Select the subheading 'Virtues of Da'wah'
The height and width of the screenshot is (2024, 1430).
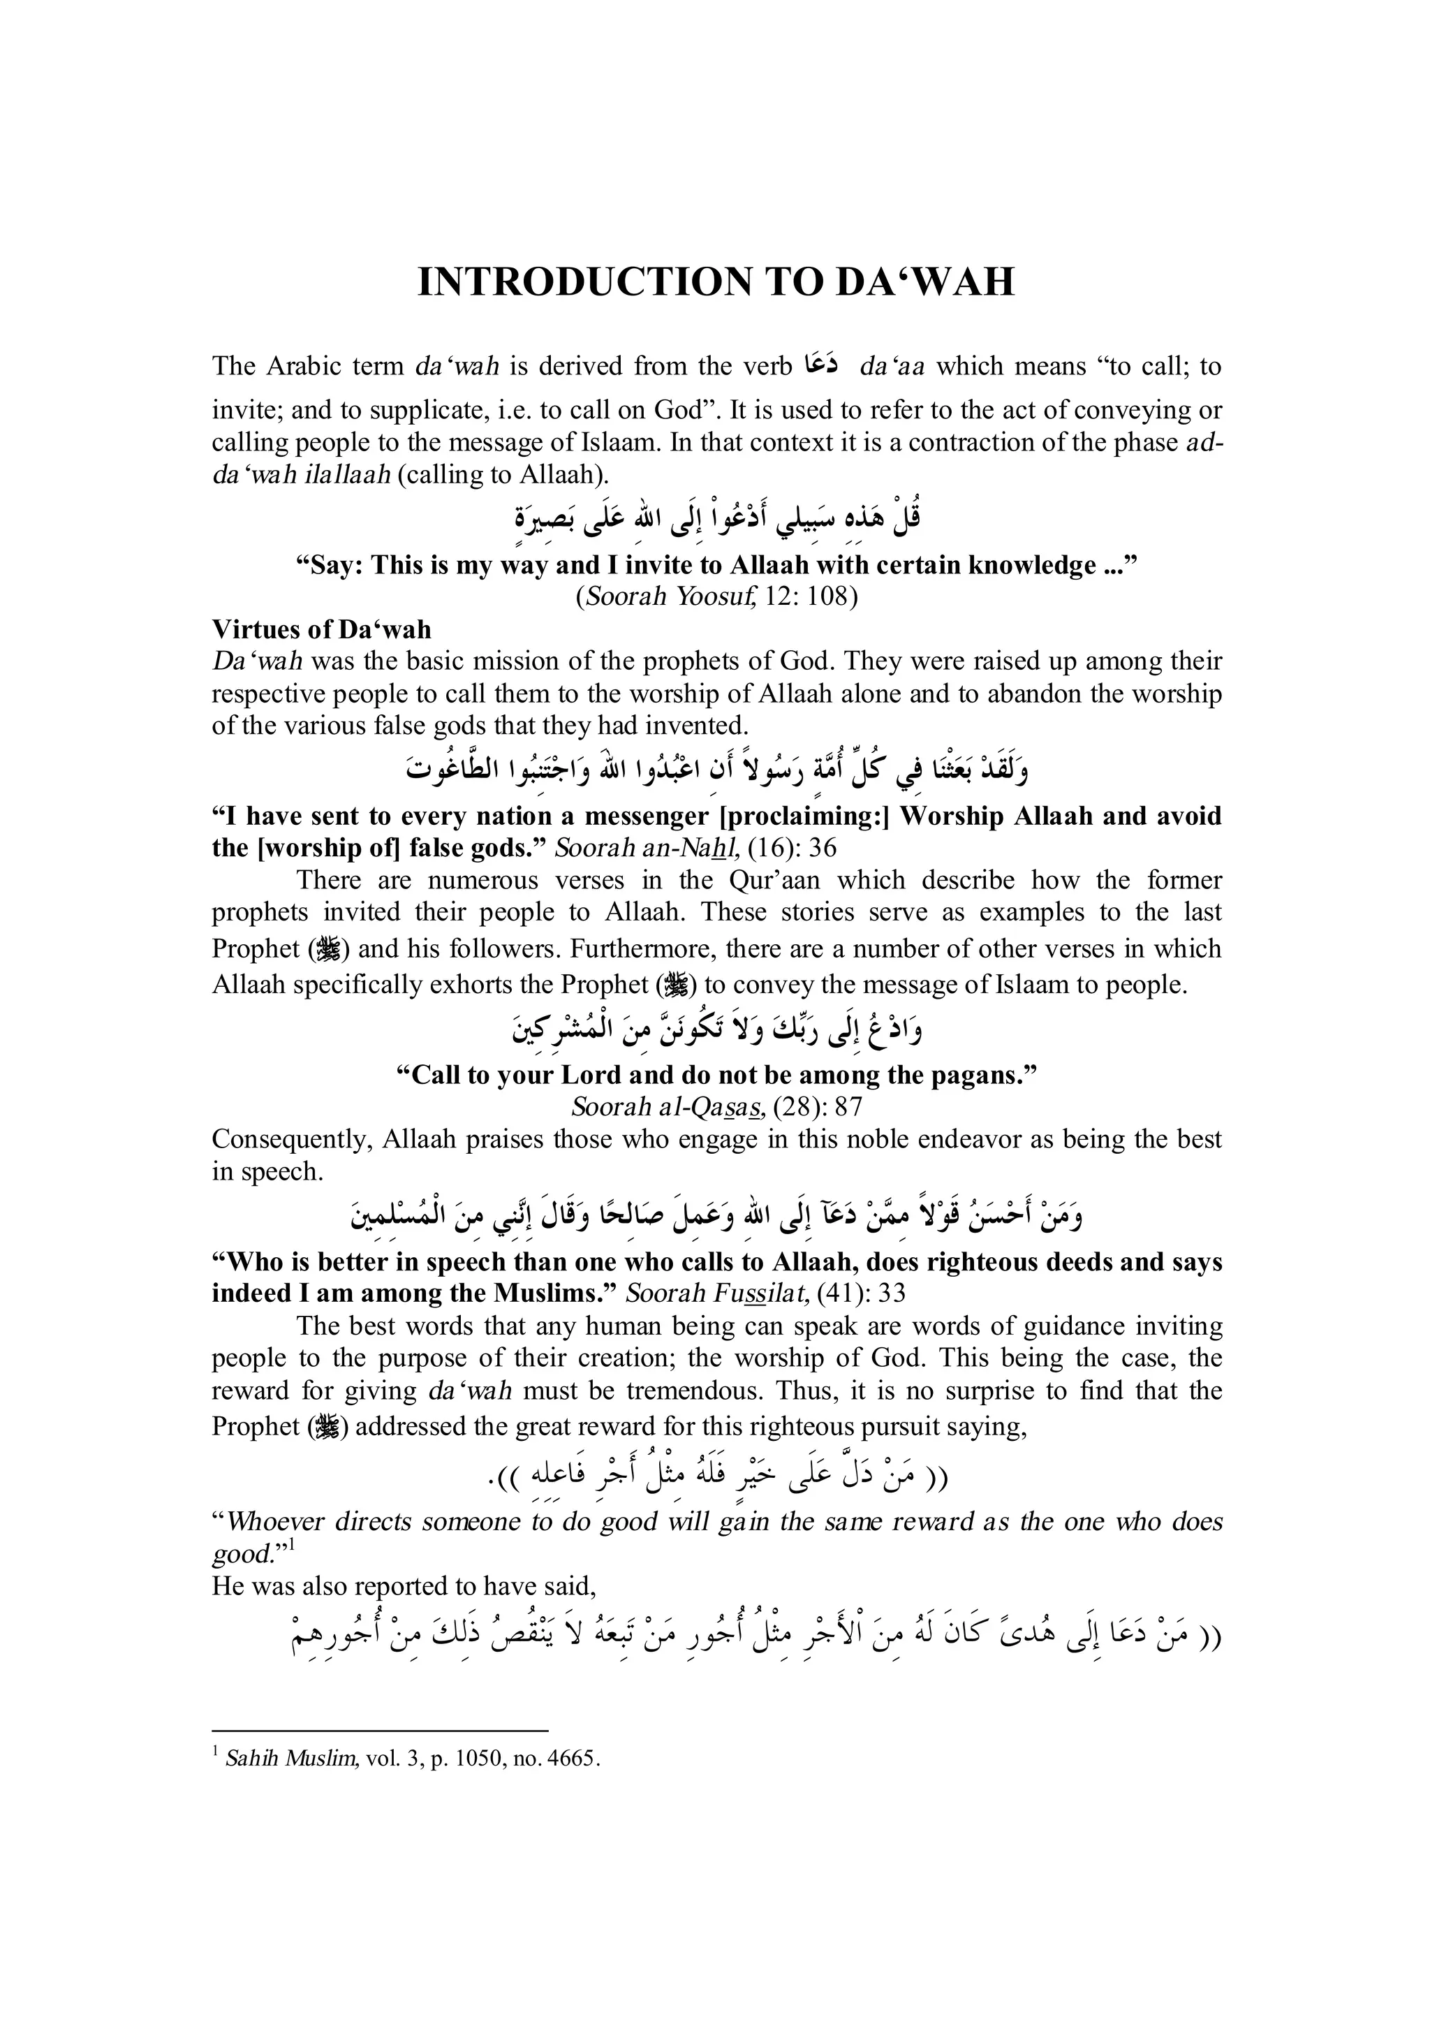pos(322,629)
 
